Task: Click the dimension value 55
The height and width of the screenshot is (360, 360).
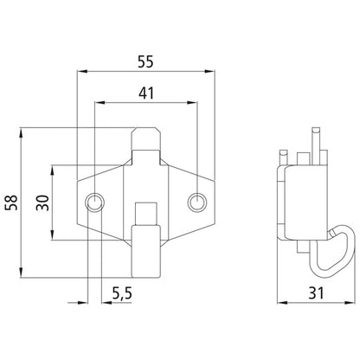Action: (x=145, y=62)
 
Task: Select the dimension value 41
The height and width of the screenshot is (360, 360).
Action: (x=145, y=92)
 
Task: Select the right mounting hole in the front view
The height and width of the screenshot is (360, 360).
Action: (x=197, y=202)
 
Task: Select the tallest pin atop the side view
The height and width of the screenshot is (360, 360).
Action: (x=318, y=140)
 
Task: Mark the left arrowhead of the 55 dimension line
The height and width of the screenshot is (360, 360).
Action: (x=82, y=74)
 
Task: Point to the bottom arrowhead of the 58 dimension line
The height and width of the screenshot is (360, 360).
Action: (x=22, y=273)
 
